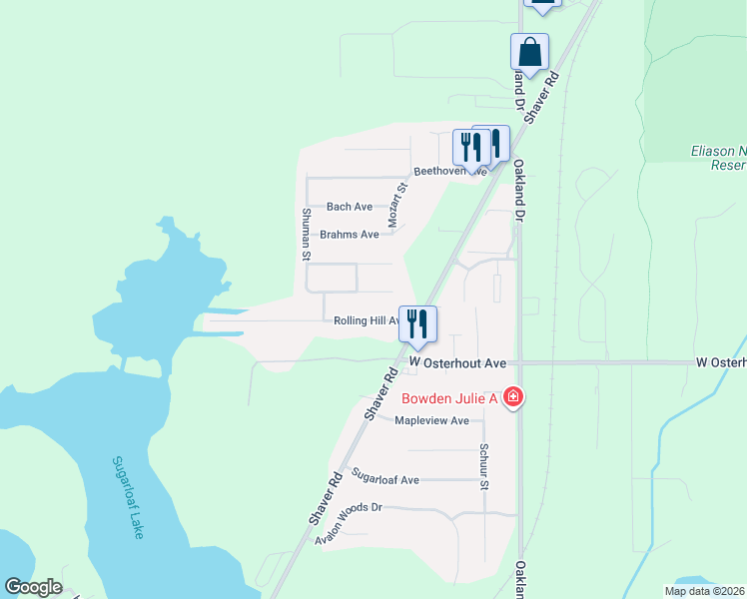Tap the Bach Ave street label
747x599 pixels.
click(350, 207)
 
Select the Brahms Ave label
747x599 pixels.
click(350, 235)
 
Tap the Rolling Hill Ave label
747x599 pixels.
click(367, 320)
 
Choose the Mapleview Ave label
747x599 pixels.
click(431, 420)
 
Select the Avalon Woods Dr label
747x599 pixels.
click(349, 522)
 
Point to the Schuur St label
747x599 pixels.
click(483, 466)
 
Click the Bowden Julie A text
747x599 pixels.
click(449, 398)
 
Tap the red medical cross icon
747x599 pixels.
click(513, 398)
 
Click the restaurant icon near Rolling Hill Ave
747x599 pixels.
click(417, 323)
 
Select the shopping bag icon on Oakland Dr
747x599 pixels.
click(529, 51)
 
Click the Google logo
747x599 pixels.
click(32, 587)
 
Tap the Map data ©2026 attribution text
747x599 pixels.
click(704, 591)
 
